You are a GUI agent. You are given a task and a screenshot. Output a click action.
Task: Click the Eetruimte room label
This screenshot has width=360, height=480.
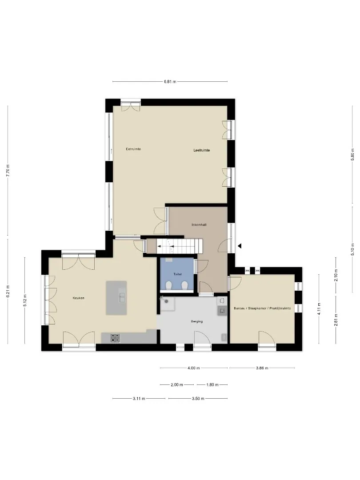pos(133,149)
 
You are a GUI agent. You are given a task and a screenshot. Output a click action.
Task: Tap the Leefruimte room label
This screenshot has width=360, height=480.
pos(201,150)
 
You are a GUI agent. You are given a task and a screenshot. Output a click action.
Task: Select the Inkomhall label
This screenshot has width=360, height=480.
pos(199,225)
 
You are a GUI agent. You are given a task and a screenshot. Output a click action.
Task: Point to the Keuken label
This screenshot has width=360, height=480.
pos(78,298)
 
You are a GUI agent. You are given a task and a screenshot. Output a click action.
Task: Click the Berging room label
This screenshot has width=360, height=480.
pos(197,321)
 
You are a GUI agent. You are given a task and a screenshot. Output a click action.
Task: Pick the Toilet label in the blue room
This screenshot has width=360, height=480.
pos(177,274)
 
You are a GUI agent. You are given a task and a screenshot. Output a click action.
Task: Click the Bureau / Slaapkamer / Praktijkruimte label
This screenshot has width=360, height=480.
pos(262,308)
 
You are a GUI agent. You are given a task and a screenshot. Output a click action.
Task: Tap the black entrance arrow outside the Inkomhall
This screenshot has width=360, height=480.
pos(240,246)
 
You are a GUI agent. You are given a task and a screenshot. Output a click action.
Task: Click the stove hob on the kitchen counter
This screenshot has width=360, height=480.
pos(116,338)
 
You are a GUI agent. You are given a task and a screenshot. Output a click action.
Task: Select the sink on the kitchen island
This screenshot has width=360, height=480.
pos(122,297)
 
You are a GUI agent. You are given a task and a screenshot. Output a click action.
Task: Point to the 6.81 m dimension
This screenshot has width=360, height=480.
pos(170,82)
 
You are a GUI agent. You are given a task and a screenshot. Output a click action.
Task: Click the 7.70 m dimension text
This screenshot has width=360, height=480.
pos(8,171)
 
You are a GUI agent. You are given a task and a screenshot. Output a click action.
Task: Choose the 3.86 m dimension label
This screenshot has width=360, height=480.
pos(262,368)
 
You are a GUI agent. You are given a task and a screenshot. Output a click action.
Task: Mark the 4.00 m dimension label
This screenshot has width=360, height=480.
pos(193,368)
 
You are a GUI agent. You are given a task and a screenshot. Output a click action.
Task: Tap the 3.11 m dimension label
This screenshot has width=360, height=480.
pos(139,399)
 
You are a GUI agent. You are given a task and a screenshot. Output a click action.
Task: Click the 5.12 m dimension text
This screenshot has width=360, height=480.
pos(25,300)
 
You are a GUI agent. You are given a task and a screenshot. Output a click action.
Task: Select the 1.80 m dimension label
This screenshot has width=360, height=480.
pos(212,385)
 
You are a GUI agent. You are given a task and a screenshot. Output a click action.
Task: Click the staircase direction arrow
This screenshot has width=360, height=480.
pos(166,246)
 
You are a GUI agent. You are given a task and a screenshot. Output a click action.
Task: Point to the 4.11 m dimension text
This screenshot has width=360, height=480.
pos(319,308)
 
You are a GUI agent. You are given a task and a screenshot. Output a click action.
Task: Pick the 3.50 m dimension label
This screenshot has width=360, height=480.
pos(198,399)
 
